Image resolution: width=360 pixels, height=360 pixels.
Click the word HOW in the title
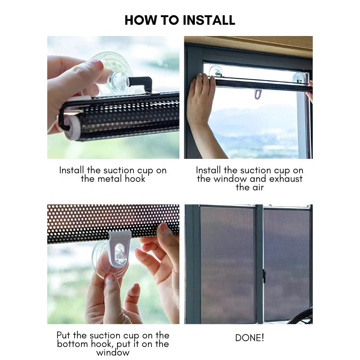(139, 20)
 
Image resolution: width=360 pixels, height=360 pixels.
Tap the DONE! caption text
(249, 337)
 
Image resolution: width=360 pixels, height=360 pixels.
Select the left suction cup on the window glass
(216, 72)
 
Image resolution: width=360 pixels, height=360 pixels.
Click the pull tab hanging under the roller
(257, 94)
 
